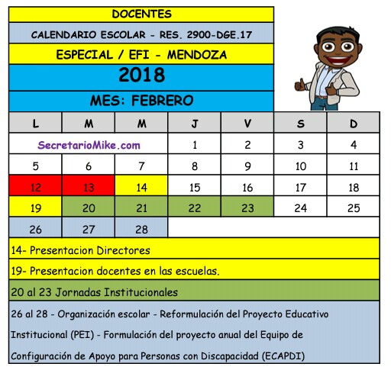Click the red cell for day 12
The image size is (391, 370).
pos(35,187)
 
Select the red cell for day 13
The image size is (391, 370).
pos(89,187)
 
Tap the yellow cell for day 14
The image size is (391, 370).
pos(141,187)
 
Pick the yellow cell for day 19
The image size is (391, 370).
pos(35,208)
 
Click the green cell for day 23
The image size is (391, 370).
pos(247,208)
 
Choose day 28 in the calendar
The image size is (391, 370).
pos(141,228)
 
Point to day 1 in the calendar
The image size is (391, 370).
pos(195,145)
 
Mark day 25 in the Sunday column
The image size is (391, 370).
pos(353,208)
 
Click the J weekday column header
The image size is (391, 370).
pos(195,124)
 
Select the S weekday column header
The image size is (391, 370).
pos(300,124)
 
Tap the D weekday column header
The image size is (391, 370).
pos(353,124)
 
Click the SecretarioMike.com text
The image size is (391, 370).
pos(89,145)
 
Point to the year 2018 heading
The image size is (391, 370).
pos(142,76)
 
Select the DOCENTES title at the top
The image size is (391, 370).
pos(141,14)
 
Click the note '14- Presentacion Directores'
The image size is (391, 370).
pos(81,249)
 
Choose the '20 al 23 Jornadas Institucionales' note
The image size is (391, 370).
pos(95,291)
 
